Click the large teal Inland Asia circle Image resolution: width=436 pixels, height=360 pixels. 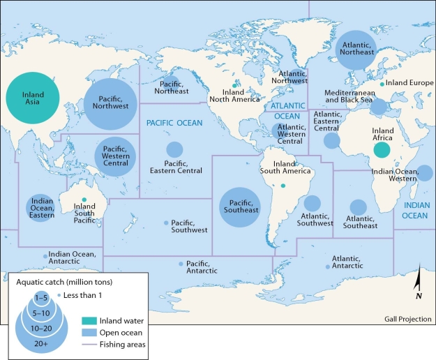click(33, 99)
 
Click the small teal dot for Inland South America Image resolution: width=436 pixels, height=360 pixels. click(283, 186)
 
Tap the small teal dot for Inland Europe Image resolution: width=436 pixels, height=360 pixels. click(382, 84)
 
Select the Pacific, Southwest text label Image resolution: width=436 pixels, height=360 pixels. click(189, 225)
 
